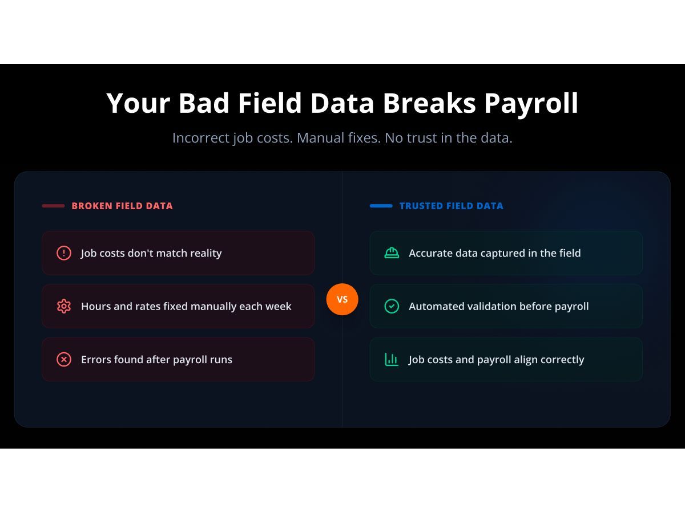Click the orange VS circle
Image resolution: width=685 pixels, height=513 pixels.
pos(342,299)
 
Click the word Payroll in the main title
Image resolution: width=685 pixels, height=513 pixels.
pos(531,103)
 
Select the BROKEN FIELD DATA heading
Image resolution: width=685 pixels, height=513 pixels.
pos(122,206)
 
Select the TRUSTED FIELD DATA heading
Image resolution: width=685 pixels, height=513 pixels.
pos(451,206)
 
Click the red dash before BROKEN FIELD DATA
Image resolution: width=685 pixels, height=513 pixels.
pos(53,206)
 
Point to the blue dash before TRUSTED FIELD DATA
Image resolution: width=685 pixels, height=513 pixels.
pos(381,206)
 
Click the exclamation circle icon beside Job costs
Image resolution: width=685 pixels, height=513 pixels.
pos(64,253)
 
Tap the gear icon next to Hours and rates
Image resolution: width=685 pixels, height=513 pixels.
pos(64,306)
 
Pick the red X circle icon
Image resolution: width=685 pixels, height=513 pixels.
pos(64,360)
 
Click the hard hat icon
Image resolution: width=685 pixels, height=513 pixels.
pos(392,253)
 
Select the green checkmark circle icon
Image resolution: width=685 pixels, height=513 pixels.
pos(392,306)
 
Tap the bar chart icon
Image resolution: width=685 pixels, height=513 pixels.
pos(392,360)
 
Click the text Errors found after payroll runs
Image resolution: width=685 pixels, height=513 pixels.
pos(156,360)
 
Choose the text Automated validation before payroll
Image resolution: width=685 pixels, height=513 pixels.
pos(498,306)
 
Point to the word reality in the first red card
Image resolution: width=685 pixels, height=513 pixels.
pos(203,253)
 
